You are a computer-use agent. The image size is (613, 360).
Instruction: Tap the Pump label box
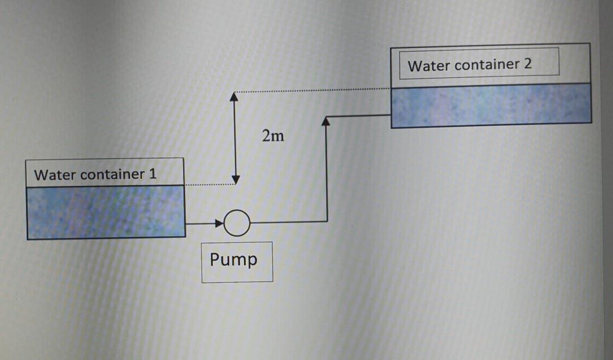click(237, 261)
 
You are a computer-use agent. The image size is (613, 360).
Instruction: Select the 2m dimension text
click(273, 136)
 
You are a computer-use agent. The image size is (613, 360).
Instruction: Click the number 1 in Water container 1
click(152, 174)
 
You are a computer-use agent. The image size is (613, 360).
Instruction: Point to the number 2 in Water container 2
click(527, 64)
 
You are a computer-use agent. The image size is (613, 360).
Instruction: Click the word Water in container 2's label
click(429, 65)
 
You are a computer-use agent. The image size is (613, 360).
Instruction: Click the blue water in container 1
click(106, 211)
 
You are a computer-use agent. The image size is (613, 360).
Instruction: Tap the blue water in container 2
click(491, 105)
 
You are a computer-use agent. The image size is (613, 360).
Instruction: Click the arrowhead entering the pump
click(219, 223)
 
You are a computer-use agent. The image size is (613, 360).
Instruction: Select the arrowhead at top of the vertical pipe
click(326, 122)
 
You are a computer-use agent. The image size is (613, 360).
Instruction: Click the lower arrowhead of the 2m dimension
click(234, 179)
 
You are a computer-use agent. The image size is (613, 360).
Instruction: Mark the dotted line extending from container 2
click(312, 90)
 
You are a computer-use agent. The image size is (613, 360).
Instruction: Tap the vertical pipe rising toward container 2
click(326, 170)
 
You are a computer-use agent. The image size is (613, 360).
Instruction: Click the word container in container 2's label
click(487, 64)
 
